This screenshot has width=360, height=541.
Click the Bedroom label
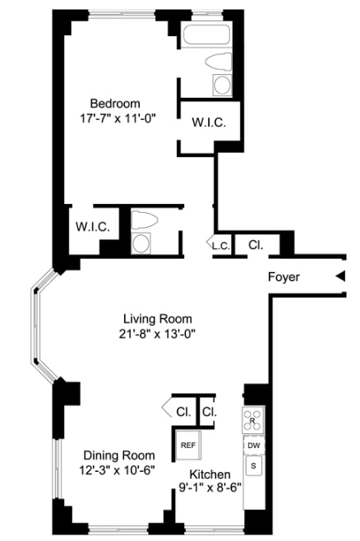[114, 103]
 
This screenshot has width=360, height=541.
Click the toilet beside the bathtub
[220, 62]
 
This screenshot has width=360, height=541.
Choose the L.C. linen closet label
[219, 245]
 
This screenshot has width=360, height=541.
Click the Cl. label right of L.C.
[255, 244]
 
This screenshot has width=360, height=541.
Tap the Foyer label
[284, 277]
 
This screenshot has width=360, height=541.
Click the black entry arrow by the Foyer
[339, 277]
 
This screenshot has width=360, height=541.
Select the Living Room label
[156, 318]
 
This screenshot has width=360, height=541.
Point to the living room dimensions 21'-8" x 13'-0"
[156, 333]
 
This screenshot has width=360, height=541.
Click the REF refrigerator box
[188, 445]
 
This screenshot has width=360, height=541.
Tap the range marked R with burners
[253, 420]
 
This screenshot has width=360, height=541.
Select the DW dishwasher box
[253, 446]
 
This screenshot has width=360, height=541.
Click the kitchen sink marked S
[253, 466]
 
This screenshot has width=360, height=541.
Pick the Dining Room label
[119, 455]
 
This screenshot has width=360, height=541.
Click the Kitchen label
[210, 474]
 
